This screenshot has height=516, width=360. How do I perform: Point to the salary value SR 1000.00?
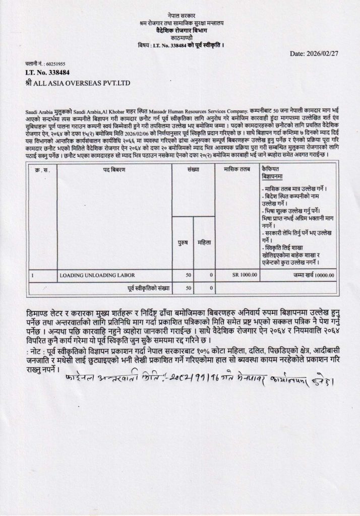click(x=245, y=276)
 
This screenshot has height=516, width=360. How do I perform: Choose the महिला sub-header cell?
click(x=204, y=243)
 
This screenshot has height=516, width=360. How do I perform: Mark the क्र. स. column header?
click(x=42, y=171)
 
